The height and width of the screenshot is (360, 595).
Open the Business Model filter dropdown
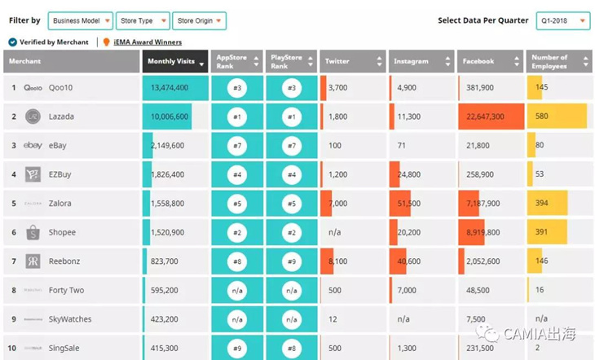pos(80,20)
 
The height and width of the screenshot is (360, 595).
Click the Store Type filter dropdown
pos(143,20)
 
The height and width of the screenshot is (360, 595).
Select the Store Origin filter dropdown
pos(199,20)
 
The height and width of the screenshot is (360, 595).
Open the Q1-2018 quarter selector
pos(562,20)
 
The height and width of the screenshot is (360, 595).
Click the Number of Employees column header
pos(558,62)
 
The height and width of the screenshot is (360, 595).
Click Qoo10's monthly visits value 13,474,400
pos(170,88)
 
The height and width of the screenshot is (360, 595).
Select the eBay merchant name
pos(59,146)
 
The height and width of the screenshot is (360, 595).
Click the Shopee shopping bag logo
pos(33,233)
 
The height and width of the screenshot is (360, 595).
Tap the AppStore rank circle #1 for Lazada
pos(237,117)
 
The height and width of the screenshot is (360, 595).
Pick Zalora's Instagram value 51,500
pos(408,204)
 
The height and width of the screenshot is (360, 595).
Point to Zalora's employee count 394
pos(542,204)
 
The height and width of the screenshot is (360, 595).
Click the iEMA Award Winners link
pos(147,42)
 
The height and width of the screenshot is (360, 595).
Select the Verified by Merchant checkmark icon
pos(12,42)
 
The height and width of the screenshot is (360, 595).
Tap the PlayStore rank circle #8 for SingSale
pos(291,349)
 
